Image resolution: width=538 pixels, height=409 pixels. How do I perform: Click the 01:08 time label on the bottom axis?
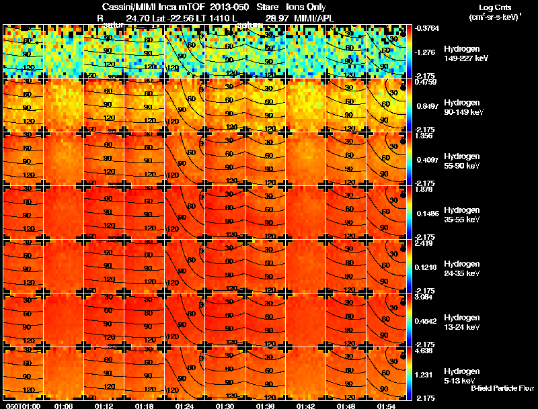63,406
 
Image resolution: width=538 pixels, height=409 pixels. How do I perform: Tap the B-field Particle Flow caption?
502,388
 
